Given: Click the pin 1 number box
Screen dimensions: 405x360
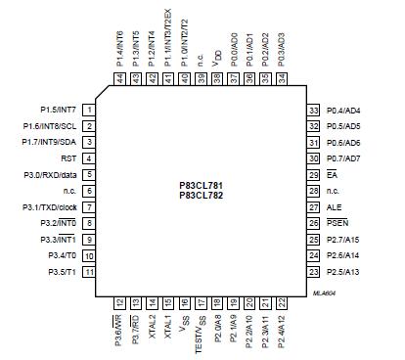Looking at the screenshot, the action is (x=88, y=111).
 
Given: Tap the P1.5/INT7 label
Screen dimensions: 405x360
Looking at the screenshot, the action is (x=58, y=111).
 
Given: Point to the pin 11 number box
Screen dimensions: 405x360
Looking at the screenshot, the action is (x=88, y=271).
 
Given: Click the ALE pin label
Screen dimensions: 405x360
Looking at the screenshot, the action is (x=334, y=207).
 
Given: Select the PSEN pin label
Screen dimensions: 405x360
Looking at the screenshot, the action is (x=337, y=223).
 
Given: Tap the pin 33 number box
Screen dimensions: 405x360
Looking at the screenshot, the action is (x=315, y=111).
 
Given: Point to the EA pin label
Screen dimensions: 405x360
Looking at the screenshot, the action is (x=332, y=174).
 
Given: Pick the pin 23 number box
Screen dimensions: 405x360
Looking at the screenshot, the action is (x=315, y=271).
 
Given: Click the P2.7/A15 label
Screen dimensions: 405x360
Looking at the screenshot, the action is (x=343, y=239).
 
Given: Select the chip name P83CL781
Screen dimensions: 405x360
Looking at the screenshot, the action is (x=202, y=184).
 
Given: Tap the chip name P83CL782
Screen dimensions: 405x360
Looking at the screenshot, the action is (x=202, y=194).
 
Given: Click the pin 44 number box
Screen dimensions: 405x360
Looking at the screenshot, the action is (x=119, y=78).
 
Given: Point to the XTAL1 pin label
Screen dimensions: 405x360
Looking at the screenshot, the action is (x=167, y=323).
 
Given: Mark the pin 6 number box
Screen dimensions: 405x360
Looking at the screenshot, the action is (x=88, y=191).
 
